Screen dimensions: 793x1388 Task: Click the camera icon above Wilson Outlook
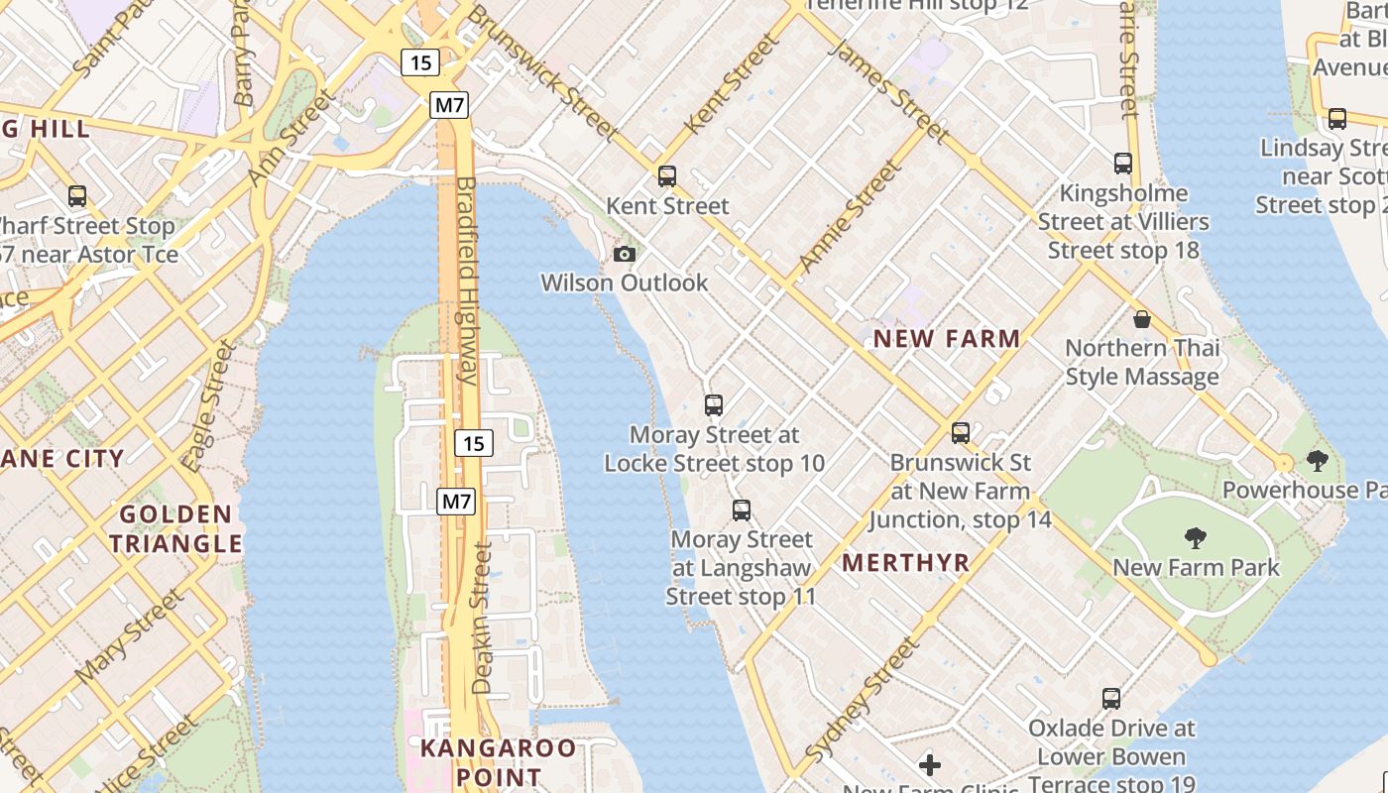tap(624, 254)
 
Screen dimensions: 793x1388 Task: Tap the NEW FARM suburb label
tap(946, 339)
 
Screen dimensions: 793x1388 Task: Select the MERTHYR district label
tap(905, 563)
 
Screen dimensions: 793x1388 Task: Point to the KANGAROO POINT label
tap(498, 761)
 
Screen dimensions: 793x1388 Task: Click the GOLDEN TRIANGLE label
tap(175, 528)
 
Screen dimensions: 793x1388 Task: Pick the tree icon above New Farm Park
tap(1196, 538)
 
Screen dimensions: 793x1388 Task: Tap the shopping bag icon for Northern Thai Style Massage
tap(1142, 319)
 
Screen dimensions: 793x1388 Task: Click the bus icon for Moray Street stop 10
tap(714, 404)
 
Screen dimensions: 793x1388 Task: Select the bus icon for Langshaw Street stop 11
tap(742, 510)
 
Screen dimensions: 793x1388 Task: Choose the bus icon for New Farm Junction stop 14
tap(960, 432)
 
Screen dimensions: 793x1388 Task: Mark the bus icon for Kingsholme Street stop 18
tap(1122, 163)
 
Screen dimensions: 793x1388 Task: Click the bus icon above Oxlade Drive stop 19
tap(1111, 698)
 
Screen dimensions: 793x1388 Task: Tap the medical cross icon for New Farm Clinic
tap(929, 764)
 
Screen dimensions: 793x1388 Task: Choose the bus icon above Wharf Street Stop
tap(77, 196)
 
